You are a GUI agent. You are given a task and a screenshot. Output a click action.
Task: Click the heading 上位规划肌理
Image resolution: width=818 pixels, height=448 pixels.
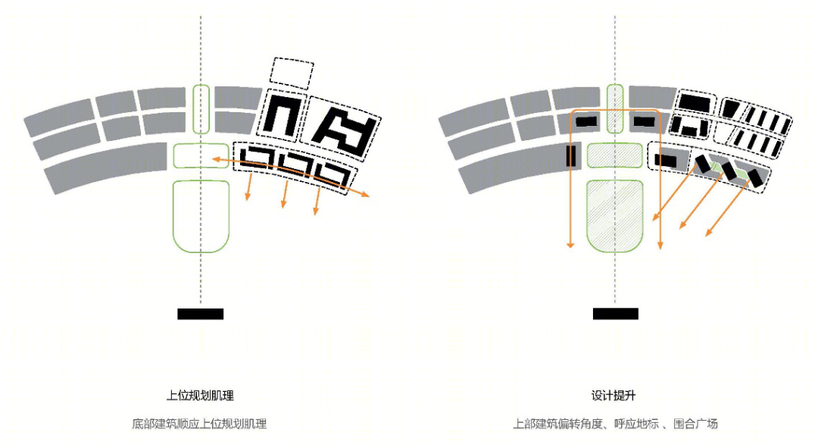pyautogui.click(x=200, y=395)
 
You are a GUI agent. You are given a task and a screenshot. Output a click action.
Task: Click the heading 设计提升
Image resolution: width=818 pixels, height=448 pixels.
pyautogui.click(x=613, y=395)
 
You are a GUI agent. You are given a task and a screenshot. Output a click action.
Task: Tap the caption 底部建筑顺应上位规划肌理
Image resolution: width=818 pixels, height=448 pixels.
pyautogui.click(x=199, y=424)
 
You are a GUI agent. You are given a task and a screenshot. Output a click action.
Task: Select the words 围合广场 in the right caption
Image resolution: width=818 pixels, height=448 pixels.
pyautogui.click(x=695, y=424)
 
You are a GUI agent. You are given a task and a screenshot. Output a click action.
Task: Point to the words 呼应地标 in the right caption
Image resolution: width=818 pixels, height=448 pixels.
pyautogui.click(x=636, y=424)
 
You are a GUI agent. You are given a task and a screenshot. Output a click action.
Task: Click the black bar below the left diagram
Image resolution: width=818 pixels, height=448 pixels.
pyautogui.click(x=200, y=314)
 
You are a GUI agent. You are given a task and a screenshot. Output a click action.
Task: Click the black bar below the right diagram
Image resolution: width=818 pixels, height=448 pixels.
pyautogui.click(x=616, y=313)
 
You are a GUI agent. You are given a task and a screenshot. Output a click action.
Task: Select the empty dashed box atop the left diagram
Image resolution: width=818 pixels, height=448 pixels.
pyautogui.click(x=292, y=73)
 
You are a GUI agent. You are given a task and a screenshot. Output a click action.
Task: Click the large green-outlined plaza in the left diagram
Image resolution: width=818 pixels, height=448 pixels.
pyautogui.click(x=201, y=216)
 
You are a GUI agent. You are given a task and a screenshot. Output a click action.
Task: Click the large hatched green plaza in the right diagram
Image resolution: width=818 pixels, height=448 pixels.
pyautogui.click(x=614, y=216)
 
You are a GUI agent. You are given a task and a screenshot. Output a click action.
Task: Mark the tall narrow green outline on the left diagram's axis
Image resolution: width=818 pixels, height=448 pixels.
pyautogui.click(x=201, y=109)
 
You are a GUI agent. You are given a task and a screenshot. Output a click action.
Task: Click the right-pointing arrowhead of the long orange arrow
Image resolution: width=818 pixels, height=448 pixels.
pyautogui.click(x=365, y=195)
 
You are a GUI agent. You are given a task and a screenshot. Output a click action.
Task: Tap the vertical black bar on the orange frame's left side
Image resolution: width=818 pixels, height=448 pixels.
pyautogui.click(x=571, y=156)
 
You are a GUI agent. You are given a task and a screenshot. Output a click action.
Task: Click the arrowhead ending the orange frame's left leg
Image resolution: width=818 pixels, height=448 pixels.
pyautogui.click(x=571, y=244)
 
